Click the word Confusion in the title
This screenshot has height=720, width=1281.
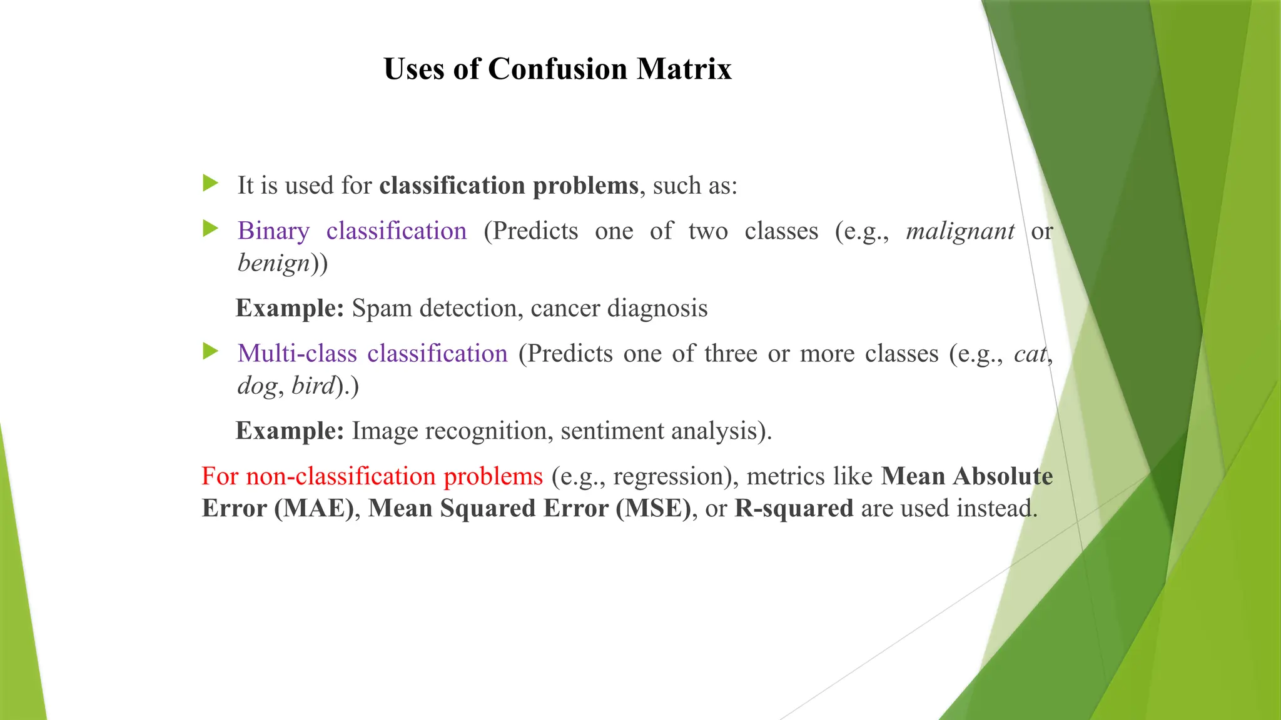coord(557,69)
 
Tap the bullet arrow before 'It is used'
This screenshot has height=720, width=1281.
coord(211,184)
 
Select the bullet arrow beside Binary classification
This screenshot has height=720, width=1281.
coord(211,229)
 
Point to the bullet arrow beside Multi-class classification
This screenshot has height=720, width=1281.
coord(211,352)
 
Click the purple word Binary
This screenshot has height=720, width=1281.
coord(273,231)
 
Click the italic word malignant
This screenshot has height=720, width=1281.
coord(960,232)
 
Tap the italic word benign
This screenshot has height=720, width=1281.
coord(274,263)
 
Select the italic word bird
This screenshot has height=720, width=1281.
coord(313,386)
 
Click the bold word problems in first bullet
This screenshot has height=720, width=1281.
coord(585,186)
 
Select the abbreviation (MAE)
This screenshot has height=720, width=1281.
coord(314,508)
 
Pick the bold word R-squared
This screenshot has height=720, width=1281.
coord(793,509)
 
